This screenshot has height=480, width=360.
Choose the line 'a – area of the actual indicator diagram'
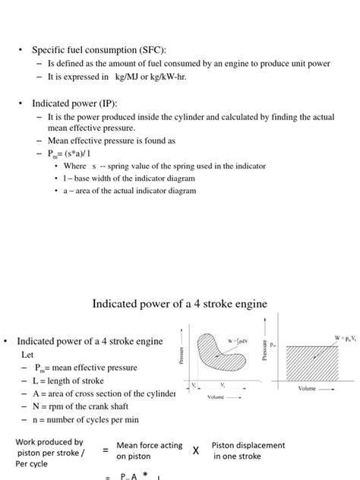tap(130, 191)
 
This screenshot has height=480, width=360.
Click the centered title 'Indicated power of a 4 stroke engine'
tap(180, 304)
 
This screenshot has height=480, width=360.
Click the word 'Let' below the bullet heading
tap(27, 354)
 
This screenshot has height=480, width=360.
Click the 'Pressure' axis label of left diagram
tap(182, 355)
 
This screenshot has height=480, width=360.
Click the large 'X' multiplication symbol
tap(195, 450)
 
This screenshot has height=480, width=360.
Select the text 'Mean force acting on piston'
tap(149, 450)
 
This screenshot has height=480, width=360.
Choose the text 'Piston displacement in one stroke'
tap(248, 450)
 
